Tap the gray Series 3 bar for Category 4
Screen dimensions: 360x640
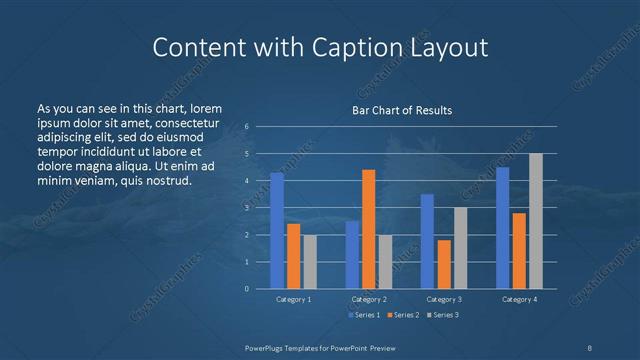pyautogui.click(x=535, y=221)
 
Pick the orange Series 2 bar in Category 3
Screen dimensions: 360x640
pyautogui.click(x=444, y=264)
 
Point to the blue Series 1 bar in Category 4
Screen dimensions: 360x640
pyautogui.click(x=502, y=228)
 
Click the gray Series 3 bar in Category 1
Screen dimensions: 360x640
pyautogui.click(x=310, y=261)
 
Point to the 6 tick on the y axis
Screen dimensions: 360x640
pyautogui.click(x=246, y=127)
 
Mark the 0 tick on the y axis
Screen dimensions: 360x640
pyautogui.click(x=246, y=289)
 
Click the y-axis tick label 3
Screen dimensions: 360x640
pyautogui.click(x=246, y=208)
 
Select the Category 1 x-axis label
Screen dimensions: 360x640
pyautogui.click(x=293, y=300)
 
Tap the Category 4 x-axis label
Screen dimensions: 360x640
pyautogui.click(x=518, y=300)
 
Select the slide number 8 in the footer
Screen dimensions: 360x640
pyautogui.click(x=589, y=346)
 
